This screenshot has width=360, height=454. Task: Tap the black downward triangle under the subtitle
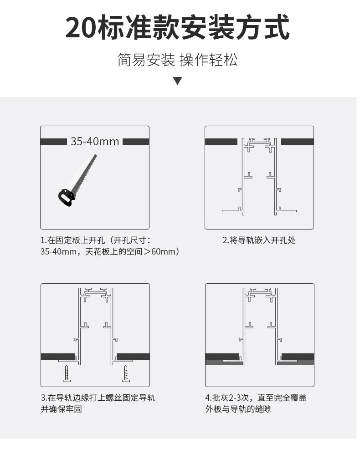tap(178, 81)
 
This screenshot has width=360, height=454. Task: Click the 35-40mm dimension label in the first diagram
tap(95, 142)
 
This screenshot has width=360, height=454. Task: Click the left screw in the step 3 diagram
tap(67, 373)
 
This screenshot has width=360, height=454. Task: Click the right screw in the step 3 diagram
tap(125, 373)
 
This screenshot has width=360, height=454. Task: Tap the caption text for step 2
tap(259, 240)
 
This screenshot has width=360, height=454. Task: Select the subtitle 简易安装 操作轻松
tap(178, 60)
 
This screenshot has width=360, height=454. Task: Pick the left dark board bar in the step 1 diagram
tap(54, 142)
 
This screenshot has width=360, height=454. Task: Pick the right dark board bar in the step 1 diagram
tap(136, 142)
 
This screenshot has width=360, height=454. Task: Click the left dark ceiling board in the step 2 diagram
tap(221, 142)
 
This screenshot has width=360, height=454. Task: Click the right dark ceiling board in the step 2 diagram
tap(297, 142)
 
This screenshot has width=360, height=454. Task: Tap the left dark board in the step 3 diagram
tap(57, 356)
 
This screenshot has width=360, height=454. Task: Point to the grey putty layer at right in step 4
tap(296, 363)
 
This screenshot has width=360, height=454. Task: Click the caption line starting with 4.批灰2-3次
tap(256, 398)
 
